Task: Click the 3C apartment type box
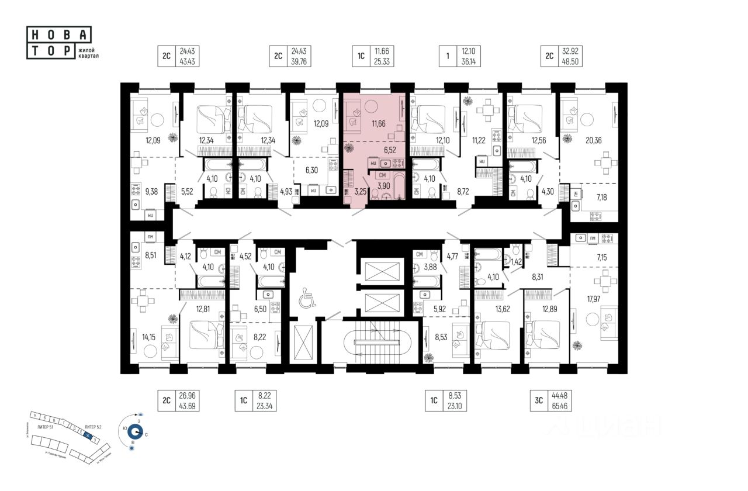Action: pyautogui.click(x=539, y=400)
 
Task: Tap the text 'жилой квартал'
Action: pyautogui.click(x=88, y=54)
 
